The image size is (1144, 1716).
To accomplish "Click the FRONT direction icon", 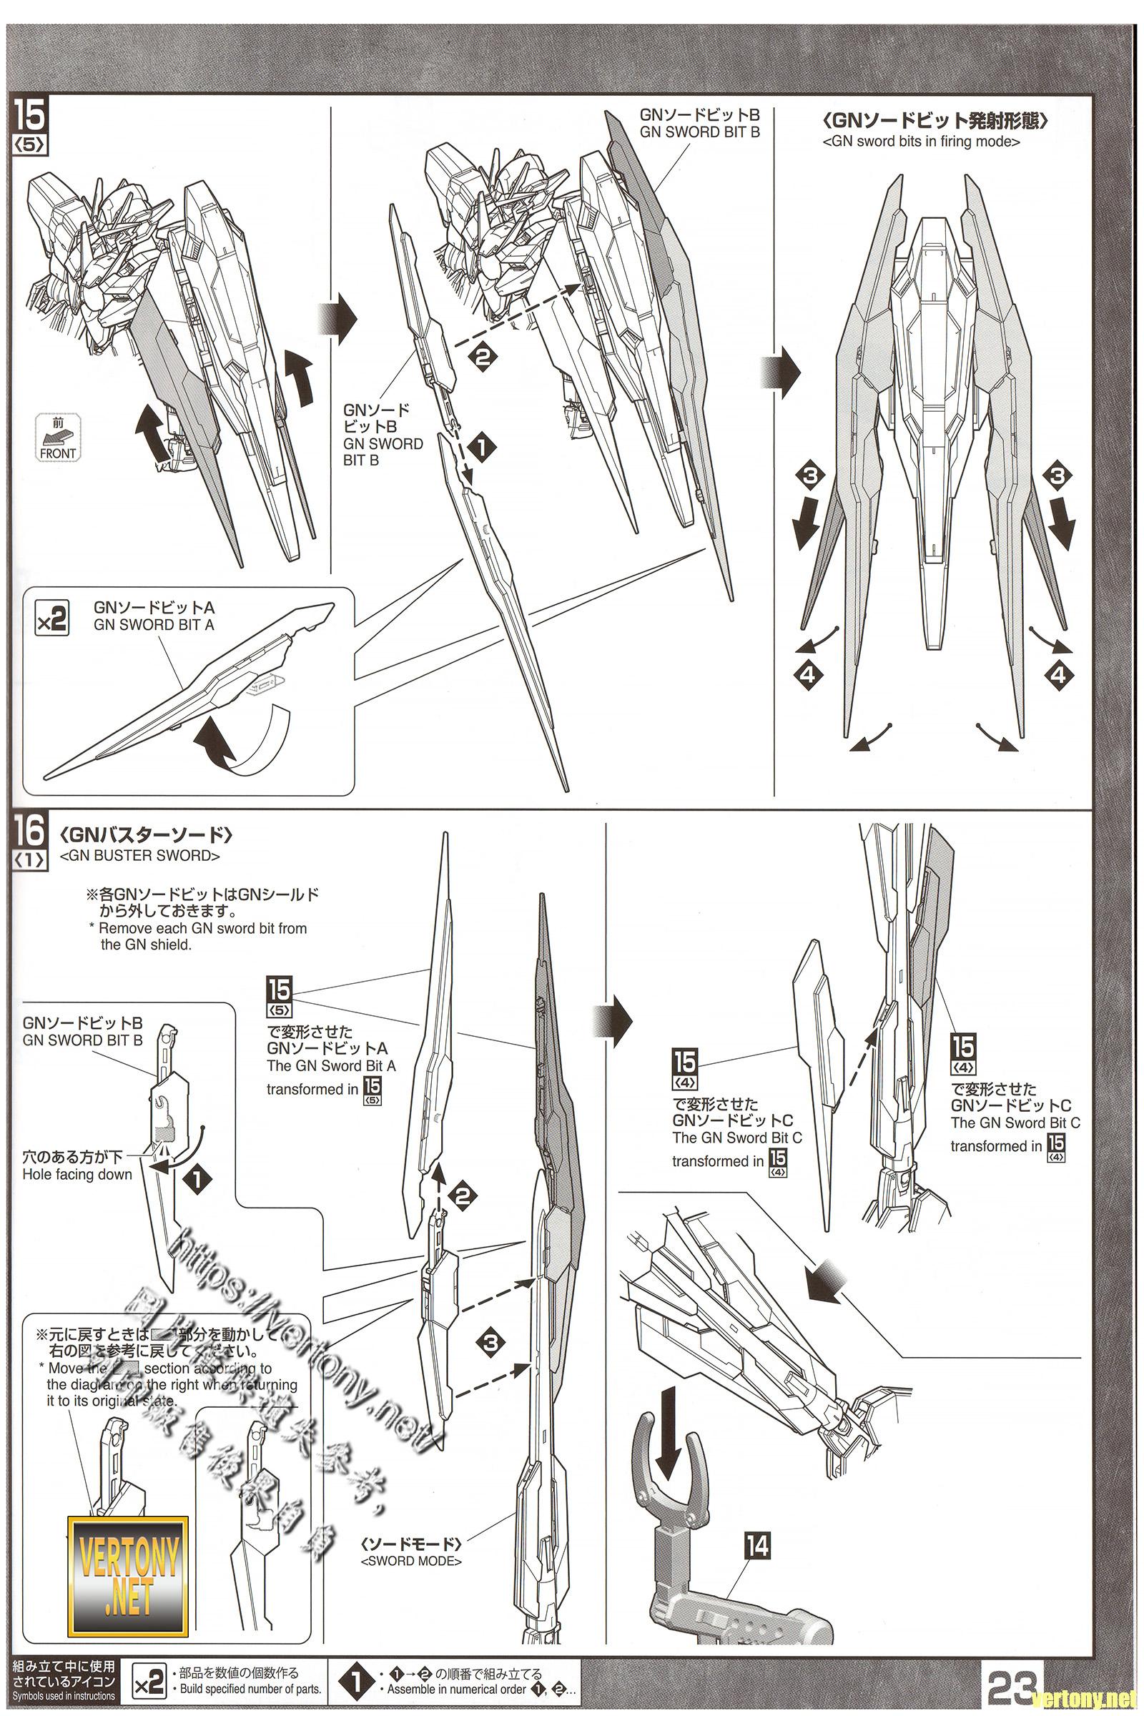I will (x=58, y=438).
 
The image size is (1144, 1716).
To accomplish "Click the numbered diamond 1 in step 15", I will (x=481, y=448).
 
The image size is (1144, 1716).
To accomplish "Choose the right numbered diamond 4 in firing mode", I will (x=1059, y=675).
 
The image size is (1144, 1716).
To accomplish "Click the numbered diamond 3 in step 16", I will (x=490, y=1342).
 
